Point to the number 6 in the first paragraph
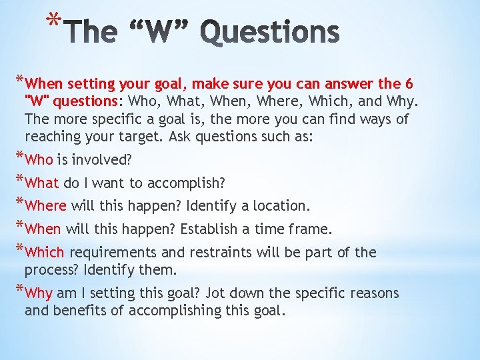pos(408,84)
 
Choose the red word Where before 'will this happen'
pos(45,206)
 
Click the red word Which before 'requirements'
pos(45,253)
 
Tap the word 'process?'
pos(51,270)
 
